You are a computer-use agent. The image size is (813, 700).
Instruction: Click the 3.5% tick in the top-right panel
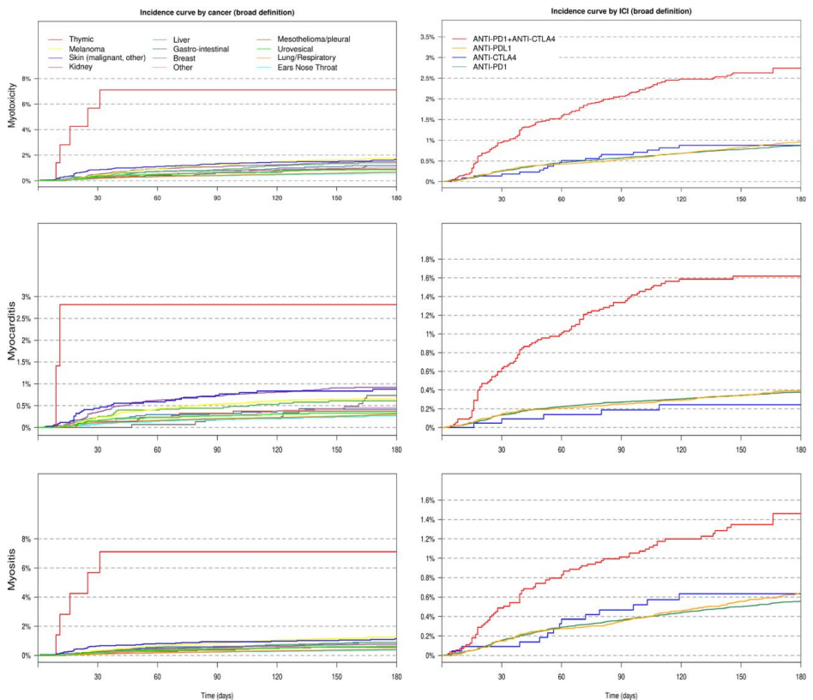click(x=426, y=38)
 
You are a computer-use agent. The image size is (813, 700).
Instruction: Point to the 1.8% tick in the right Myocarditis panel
click(x=426, y=259)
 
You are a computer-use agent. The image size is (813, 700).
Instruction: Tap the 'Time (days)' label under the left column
click(x=217, y=691)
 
